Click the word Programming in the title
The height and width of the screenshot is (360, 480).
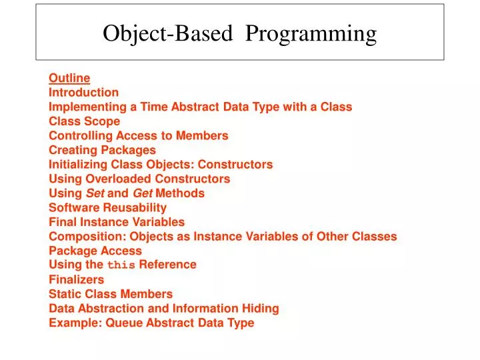311,33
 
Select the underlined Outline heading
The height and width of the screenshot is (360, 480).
69,78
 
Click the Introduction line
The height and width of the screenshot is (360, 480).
84,93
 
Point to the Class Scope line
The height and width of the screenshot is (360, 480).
85,121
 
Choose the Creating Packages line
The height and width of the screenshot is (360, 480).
102,150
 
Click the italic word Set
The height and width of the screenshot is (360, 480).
95,193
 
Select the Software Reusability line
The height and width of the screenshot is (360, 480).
108,208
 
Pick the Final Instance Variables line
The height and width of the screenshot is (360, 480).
117,222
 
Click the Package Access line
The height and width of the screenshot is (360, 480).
95,251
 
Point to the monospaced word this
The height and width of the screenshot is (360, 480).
121,265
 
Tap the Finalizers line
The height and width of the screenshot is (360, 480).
76,279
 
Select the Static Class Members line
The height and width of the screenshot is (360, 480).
111,294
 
